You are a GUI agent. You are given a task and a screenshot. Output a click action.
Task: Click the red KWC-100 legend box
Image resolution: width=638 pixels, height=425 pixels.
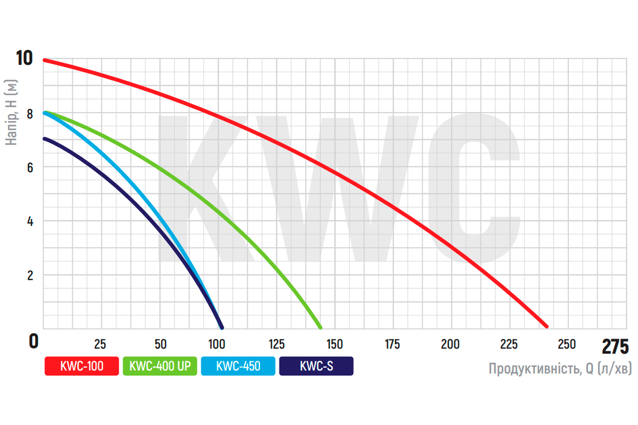coord(81,365)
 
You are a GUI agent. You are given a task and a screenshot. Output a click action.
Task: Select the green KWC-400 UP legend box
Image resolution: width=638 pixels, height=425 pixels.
coord(159,365)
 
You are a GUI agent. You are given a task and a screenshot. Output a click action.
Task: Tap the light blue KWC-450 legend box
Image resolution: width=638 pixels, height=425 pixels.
coord(238,365)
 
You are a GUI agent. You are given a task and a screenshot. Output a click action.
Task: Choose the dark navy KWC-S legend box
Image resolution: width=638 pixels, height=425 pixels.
coord(316,365)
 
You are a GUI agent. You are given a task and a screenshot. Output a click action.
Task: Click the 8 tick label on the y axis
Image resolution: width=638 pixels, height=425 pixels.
coord(30,113)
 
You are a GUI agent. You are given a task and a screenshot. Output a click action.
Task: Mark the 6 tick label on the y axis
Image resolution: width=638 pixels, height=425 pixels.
coord(30,167)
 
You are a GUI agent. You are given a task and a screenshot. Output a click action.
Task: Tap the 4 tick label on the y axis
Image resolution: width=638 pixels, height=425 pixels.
coord(30,221)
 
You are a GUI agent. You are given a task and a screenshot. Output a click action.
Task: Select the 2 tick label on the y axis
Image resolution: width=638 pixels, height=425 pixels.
coord(30,275)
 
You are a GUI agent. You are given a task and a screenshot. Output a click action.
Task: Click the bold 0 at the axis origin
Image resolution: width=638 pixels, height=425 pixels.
coord(33,341)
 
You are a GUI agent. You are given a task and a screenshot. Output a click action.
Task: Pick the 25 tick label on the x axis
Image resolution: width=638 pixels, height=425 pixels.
coord(100,343)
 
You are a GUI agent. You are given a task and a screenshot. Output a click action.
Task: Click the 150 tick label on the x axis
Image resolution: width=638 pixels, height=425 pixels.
coord(334,343)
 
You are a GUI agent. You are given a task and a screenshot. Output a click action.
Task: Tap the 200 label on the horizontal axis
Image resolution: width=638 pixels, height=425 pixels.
coord(451,343)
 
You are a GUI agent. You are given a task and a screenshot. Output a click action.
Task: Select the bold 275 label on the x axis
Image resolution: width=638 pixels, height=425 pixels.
coord(615,346)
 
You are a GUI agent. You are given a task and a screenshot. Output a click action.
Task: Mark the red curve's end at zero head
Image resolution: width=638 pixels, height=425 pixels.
coord(546,326)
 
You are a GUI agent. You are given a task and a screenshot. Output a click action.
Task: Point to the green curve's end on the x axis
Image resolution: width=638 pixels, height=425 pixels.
coord(320,326)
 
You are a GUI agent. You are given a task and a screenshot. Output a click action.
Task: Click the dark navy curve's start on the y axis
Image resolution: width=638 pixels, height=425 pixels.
coord(45,139)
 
